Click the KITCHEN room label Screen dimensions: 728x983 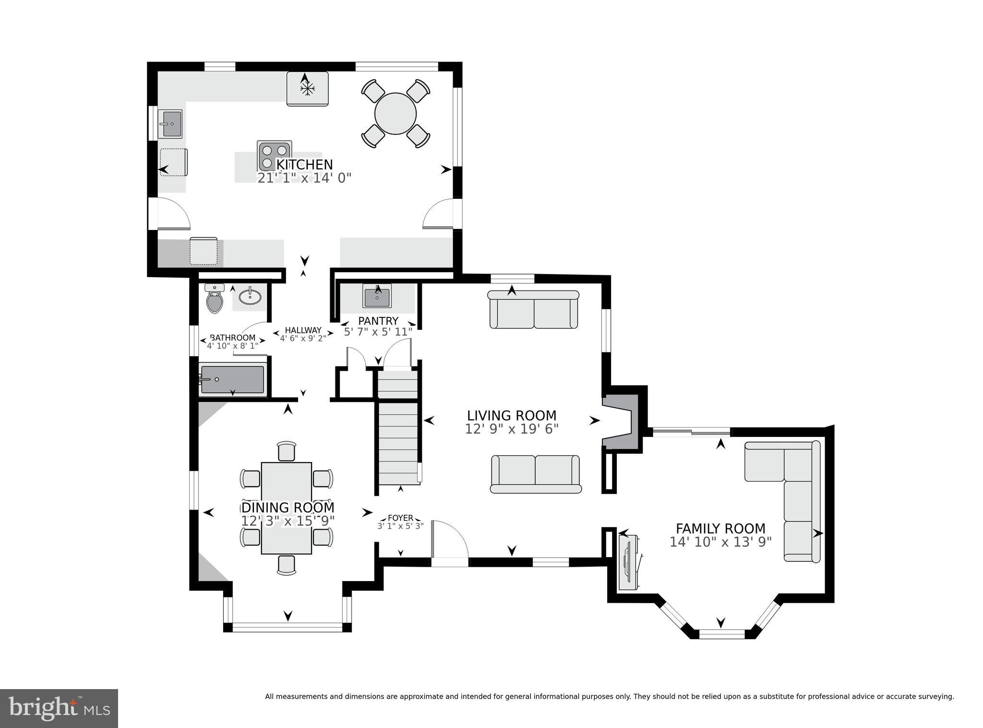[x=304, y=165]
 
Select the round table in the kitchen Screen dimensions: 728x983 [x=396, y=113]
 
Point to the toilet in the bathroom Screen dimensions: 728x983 [x=215, y=301]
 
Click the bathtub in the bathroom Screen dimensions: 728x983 [x=232, y=379]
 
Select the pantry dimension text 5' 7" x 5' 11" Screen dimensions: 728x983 [x=378, y=332]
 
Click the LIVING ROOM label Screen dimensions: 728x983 [x=512, y=415]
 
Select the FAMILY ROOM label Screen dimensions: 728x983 [x=720, y=529]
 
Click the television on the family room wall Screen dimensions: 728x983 [x=628, y=562]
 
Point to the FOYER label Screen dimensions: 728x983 [x=400, y=518]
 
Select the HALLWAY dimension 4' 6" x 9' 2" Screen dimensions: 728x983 [x=303, y=338]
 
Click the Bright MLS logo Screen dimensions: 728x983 [x=59, y=708]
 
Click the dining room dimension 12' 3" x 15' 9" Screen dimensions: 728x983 [x=288, y=521]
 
